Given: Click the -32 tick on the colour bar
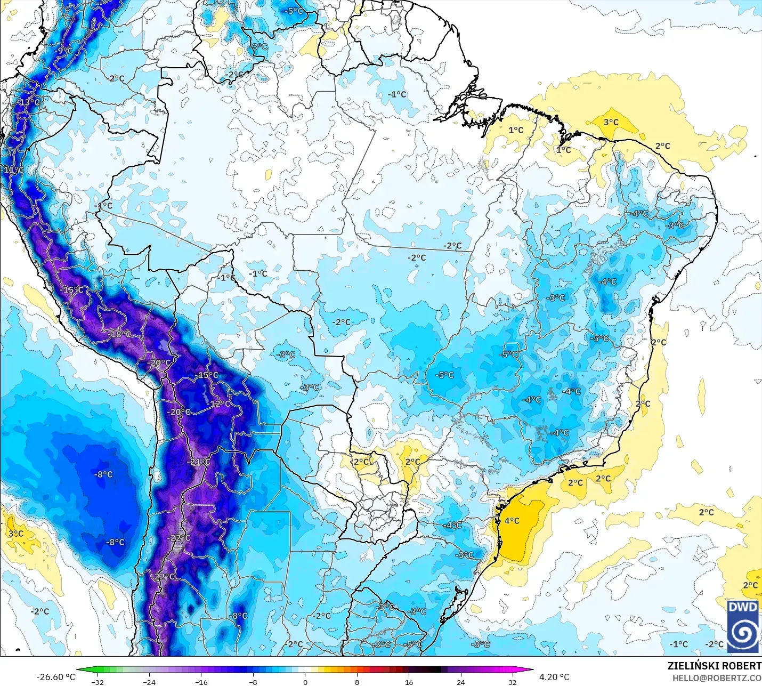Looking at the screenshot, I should [97, 682].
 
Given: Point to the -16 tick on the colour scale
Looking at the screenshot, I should [201, 682].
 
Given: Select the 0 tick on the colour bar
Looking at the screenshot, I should [305, 682].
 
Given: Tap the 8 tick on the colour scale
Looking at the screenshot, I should [356, 682].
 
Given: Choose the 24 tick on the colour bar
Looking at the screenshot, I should [460, 682].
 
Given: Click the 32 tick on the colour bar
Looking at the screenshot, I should [512, 682].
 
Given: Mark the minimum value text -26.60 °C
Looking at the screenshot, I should [55, 677].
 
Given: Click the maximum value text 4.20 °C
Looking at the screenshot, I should [554, 677].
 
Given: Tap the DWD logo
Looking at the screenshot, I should [743, 627].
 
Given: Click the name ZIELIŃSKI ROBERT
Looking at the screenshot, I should [714, 666].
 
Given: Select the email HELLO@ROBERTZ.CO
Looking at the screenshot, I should [716, 678].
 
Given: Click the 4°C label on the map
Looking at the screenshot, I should [512, 521].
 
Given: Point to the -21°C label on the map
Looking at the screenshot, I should [199, 462].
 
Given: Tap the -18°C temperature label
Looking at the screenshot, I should [120, 334].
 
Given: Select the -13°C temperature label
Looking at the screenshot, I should [29, 102].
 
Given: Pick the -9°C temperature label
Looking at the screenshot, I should [63, 50].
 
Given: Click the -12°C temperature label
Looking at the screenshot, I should [219, 404].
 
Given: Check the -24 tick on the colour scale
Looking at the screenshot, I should [149, 682].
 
